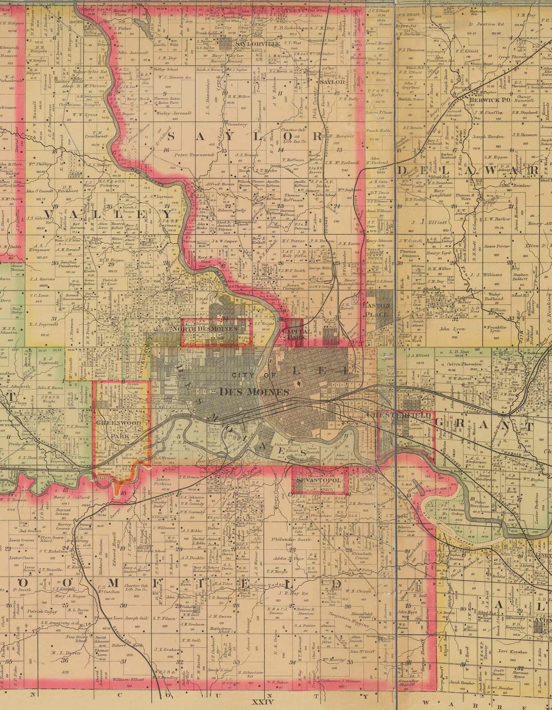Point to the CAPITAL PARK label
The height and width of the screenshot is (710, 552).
(x=297, y=334)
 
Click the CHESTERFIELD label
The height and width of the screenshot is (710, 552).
(x=399, y=415)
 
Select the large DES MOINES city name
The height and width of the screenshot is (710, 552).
(x=254, y=392)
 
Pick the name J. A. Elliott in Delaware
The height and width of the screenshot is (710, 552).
(x=424, y=223)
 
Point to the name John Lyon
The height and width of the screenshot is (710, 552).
(x=450, y=329)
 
